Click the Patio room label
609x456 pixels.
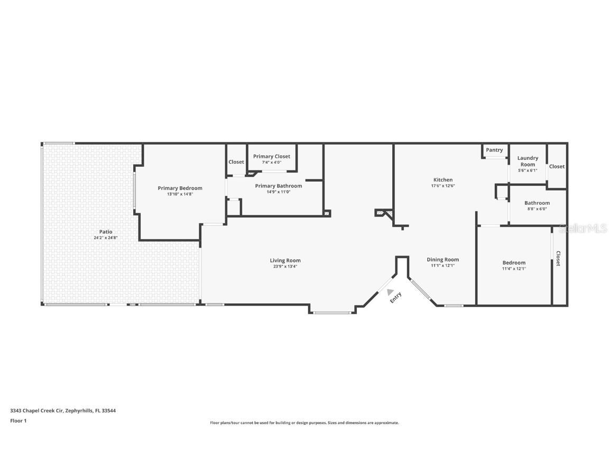(106, 232)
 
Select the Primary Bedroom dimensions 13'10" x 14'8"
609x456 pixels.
(180, 194)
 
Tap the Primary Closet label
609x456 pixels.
(271, 156)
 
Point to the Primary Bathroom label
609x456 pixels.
(279, 186)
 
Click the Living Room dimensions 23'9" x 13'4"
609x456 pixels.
(285, 267)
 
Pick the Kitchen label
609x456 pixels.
(442, 180)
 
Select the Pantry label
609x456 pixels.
(494, 150)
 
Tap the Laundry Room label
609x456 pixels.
(528, 161)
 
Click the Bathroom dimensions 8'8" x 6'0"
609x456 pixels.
(537, 209)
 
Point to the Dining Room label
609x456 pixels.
(442, 259)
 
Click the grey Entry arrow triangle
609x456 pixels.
(391, 291)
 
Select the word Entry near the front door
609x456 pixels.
(396, 298)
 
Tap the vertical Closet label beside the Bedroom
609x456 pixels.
(558, 258)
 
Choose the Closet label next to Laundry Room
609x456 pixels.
(557, 166)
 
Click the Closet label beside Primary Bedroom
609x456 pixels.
(236, 162)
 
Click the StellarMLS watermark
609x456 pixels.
(584, 228)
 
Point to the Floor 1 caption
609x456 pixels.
(18, 421)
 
